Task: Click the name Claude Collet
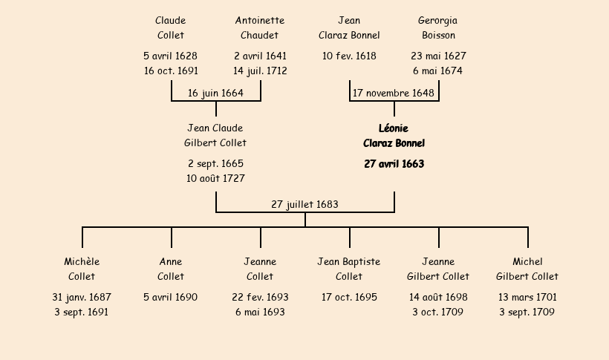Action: pyautogui.click(x=171, y=27)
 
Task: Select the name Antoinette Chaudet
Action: pyautogui.click(x=260, y=27)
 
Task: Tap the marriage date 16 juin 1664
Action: pyautogui.click(x=215, y=94)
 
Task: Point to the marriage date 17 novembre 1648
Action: pyautogui.click(x=394, y=94)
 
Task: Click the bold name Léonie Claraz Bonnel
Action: pyautogui.click(x=394, y=136)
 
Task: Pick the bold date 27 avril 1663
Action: pyautogui.click(x=394, y=164)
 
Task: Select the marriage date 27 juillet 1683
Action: pyautogui.click(x=305, y=204)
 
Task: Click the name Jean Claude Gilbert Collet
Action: pyautogui.click(x=215, y=136)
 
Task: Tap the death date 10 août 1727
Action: pyautogui.click(x=215, y=178)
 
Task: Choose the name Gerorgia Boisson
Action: pyautogui.click(x=438, y=27)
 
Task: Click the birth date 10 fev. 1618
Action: pyautogui.click(x=349, y=56)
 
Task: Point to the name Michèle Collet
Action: pyautogui.click(x=82, y=269)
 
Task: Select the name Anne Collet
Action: pyautogui.click(x=171, y=269)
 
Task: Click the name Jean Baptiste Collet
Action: pyautogui.click(x=349, y=269)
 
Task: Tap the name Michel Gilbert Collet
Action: pyautogui.click(x=527, y=269)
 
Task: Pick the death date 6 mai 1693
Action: pyautogui.click(x=260, y=312)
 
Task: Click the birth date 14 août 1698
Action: pyautogui.click(x=438, y=297)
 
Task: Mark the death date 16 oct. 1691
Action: pyautogui.click(x=171, y=71)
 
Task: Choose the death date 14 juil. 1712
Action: pyautogui.click(x=260, y=71)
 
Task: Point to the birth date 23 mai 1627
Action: pyautogui.click(x=438, y=56)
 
